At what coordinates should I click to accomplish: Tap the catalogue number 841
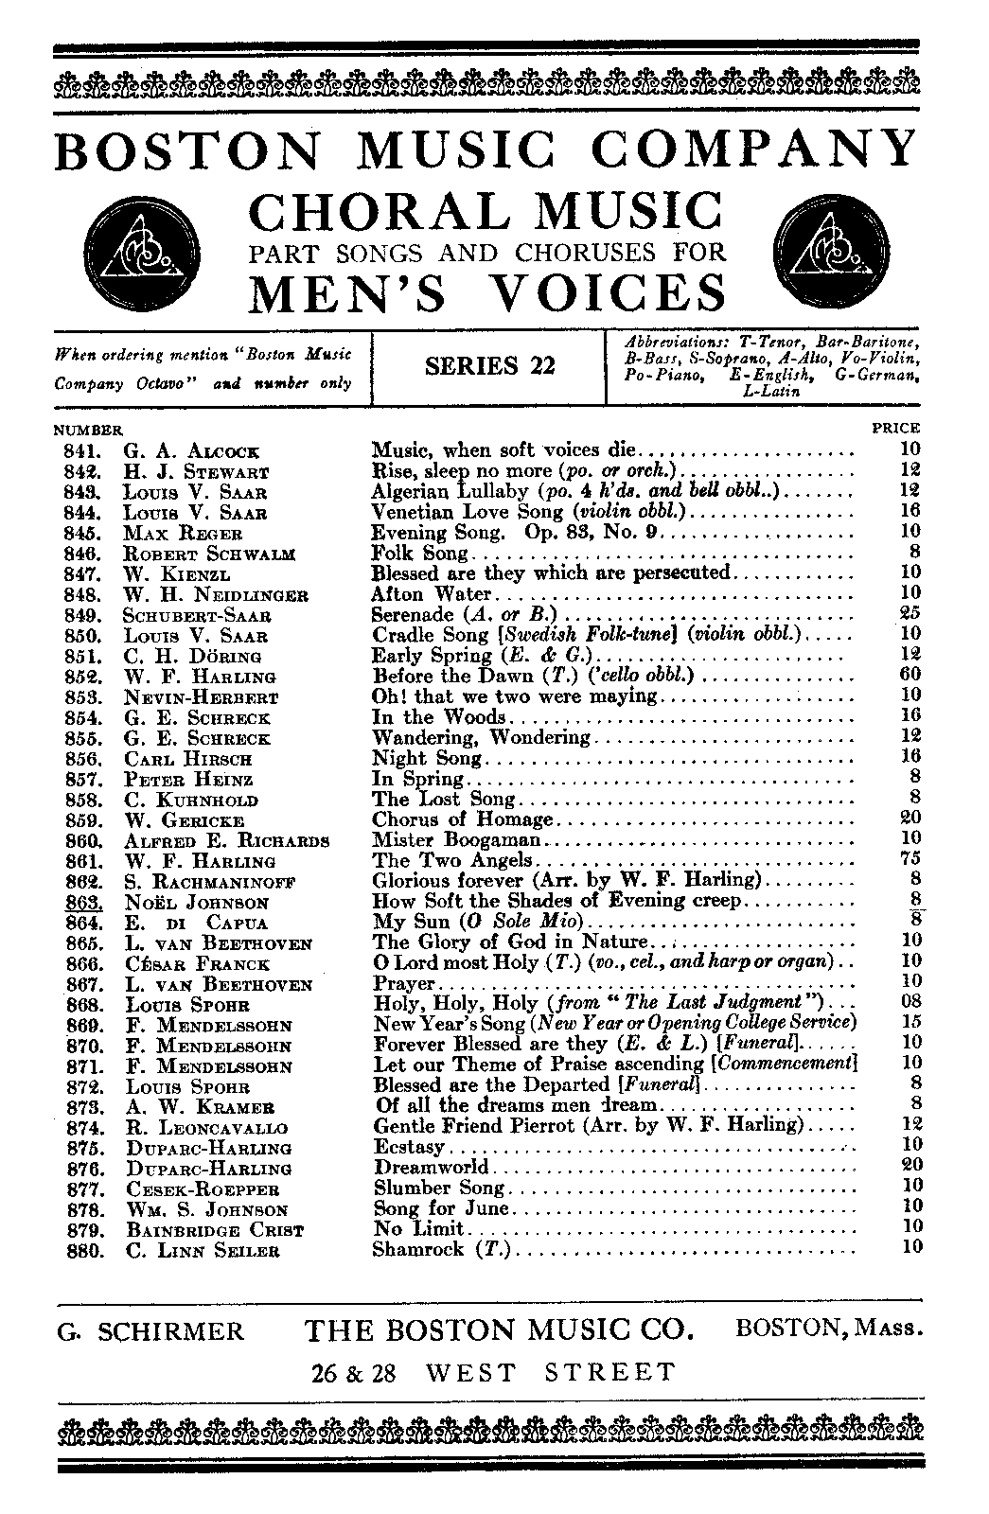point(84,451)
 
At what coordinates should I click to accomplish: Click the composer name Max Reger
point(183,534)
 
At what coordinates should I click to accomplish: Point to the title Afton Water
point(433,595)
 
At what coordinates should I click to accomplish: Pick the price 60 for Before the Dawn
point(910,676)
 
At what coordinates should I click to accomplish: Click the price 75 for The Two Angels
point(910,860)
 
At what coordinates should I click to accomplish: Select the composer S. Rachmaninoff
point(209,882)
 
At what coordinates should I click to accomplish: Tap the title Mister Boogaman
point(456,840)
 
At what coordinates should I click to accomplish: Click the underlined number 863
point(84,902)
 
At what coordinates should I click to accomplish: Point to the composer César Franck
point(197,964)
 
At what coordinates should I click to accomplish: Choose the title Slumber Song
point(439,1188)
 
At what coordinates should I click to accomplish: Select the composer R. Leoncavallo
point(205,1128)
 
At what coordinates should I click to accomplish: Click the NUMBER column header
point(89,431)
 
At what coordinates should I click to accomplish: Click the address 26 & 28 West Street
point(494,1373)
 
